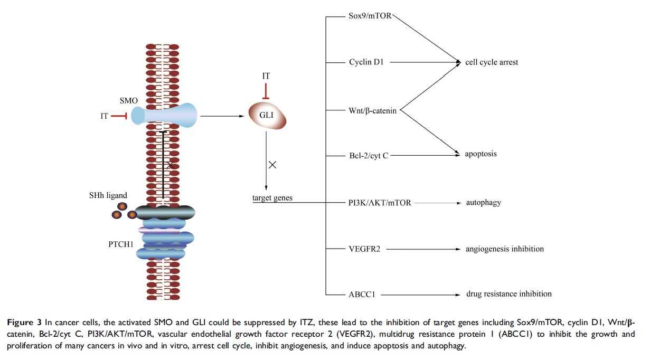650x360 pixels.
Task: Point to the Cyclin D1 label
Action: [x=366, y=62]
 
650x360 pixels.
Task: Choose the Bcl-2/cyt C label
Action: [x=369, y=156]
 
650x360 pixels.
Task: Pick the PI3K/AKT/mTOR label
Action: [x=380, y=202]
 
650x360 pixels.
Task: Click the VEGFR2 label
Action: [x=364, y=249]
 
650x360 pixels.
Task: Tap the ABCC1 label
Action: [x=362, y=295]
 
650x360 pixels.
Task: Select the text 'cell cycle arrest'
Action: [x=491, y=62]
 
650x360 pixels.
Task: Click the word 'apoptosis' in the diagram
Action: [x=481, y=155]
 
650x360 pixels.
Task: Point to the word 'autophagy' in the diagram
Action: [x=483, y=202]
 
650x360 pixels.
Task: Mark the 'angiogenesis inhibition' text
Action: [x=504, y=249]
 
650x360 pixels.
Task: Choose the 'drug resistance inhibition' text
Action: [x=508, y=294]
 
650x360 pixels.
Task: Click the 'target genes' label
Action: [x=272, y=198]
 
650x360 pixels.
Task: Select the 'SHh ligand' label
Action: [x=108, y=195]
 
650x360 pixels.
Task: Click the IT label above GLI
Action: [x=266, y=77]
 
